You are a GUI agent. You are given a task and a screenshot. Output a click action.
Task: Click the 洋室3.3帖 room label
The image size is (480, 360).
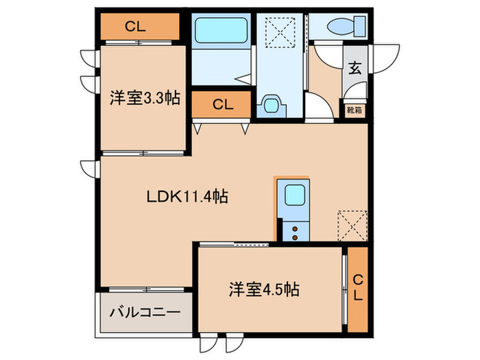pyautogui.click(x=145, y=99)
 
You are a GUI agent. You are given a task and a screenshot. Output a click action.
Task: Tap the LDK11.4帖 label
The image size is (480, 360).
pyautogui.click(x=187, y=197)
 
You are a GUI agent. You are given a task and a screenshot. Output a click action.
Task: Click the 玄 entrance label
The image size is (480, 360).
pyautogui.click(x=355, y=68)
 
